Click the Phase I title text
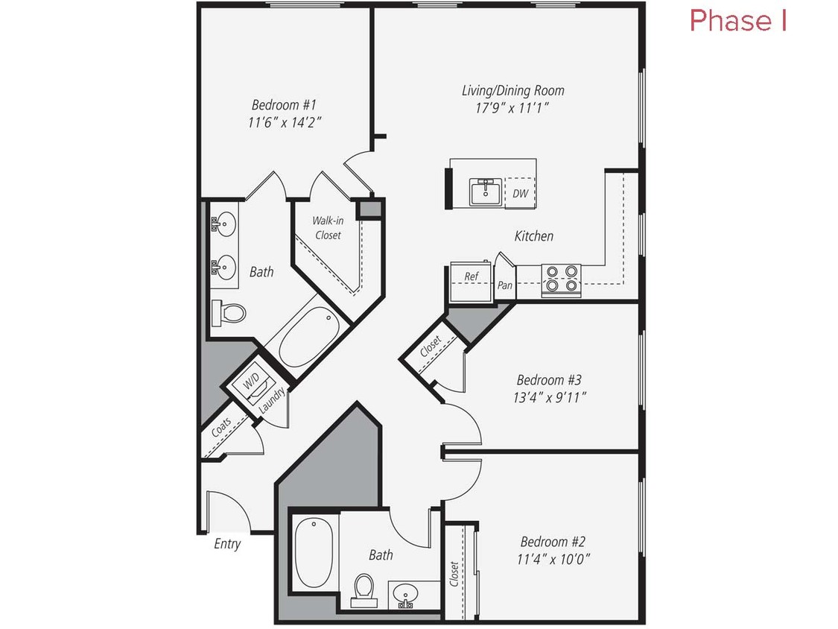click(738, 21)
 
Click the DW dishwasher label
click(521, 194)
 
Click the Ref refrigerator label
click(471, 276)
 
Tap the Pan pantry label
click(504, 285)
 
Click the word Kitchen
click(534, 236)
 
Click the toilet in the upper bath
click(229, 313)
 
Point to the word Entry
click(227, 544)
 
